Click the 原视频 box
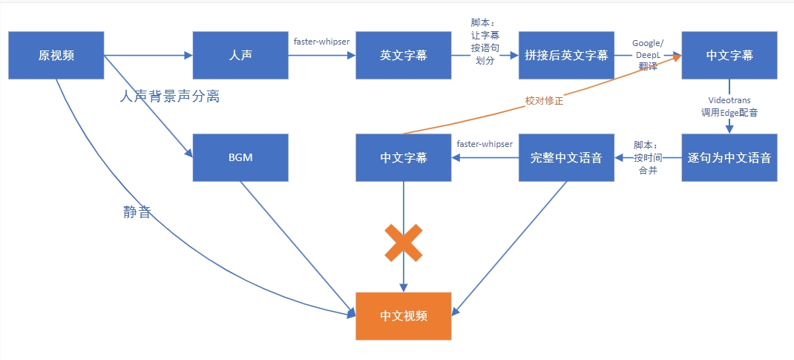pos(56,55)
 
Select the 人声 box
pos(240,55)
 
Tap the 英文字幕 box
pos(404,55)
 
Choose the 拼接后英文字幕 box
pos(567,55)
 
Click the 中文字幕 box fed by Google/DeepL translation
pos(730,55)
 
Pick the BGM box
pos(240,157)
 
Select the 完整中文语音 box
pos(567,157)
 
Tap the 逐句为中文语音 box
pos(730,157)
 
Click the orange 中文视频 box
pos(404,315)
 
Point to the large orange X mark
pos(404,243)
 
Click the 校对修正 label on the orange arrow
pos(544,101)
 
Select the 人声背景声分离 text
pos(170,96)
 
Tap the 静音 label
pos(137,212)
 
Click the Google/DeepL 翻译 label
pos(648,54)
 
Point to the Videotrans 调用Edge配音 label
pos(730,106)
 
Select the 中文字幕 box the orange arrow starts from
pos(404,157)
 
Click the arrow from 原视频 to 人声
pos(148,56)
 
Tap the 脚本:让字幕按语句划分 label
pos(485,43)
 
